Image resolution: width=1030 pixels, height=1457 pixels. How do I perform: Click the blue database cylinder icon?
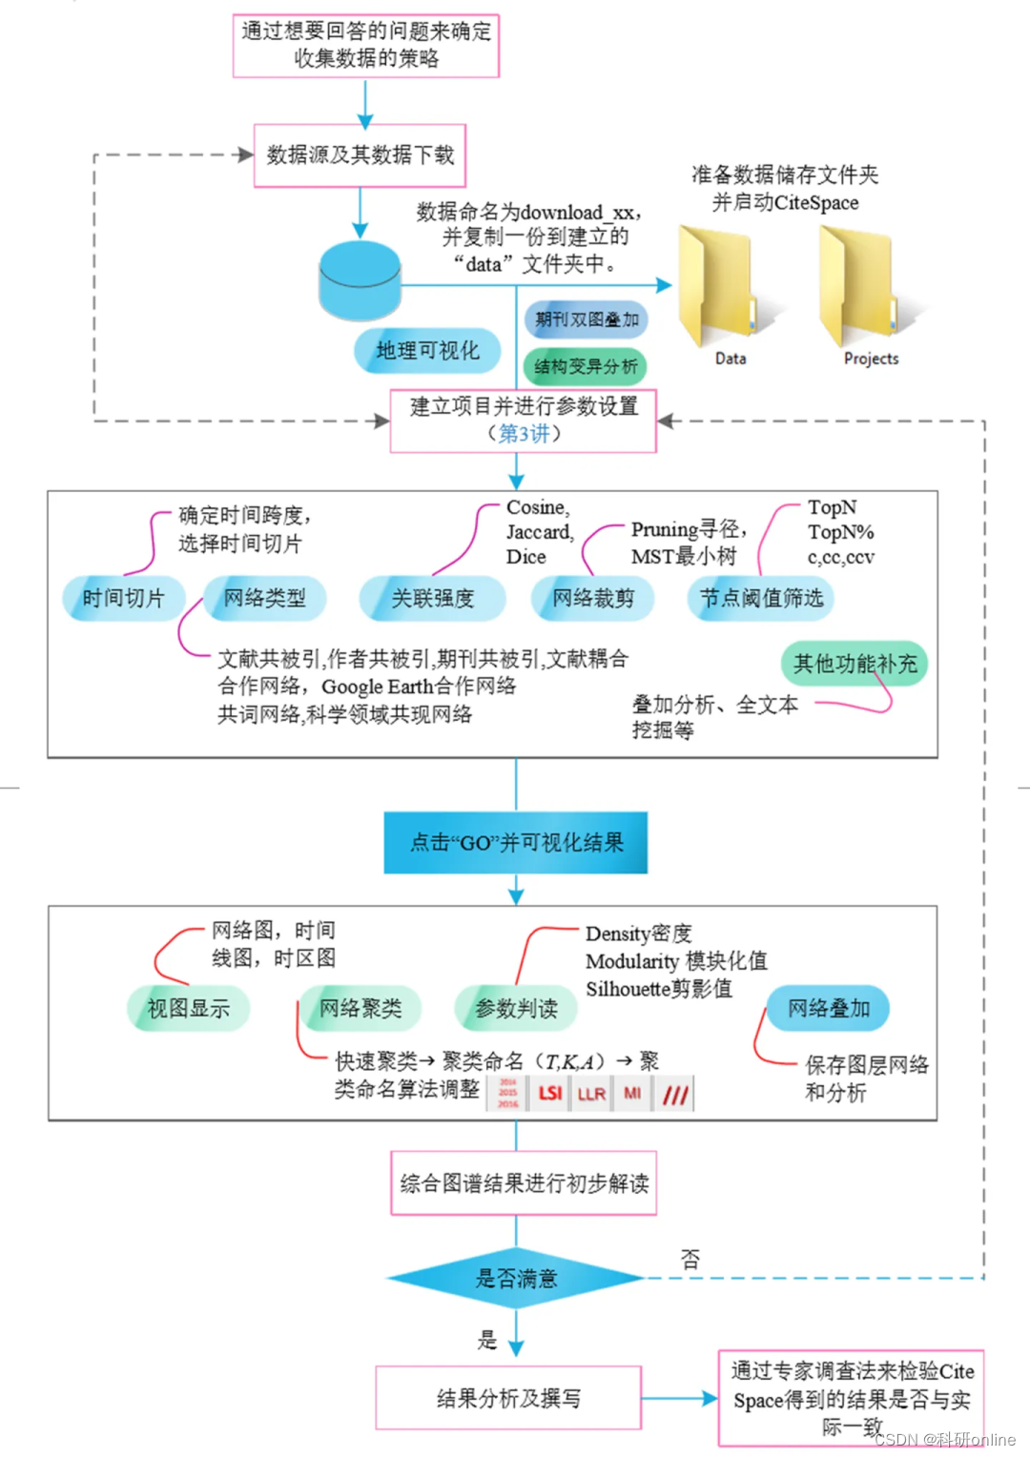359,280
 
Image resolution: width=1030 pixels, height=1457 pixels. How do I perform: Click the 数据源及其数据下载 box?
360,154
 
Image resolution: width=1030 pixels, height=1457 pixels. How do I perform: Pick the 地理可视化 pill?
427,351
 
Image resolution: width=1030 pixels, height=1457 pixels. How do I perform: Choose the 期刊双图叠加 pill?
587,319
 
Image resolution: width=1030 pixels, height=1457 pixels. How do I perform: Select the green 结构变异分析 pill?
586,366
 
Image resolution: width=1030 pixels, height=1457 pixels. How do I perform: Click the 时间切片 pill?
122,598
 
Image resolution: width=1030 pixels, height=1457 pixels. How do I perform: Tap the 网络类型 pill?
265,598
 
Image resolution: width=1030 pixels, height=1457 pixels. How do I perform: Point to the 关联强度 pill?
432,598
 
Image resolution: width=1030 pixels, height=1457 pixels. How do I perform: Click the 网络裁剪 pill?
592,598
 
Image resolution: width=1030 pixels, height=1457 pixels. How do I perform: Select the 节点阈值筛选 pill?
761,598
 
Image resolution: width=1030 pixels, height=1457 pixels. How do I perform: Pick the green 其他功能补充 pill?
855,664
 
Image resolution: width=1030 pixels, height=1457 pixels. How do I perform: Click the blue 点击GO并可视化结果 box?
516,843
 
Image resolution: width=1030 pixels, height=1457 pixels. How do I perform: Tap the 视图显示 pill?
188,1008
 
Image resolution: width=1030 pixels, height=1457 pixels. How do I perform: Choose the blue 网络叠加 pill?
828,1008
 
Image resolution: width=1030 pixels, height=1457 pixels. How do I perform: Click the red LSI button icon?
550,1093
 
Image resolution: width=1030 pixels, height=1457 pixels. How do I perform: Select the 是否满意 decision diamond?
516,1278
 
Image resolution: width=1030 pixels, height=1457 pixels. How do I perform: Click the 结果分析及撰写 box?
508,1398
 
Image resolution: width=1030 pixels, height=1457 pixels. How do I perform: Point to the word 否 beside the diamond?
690,1259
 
